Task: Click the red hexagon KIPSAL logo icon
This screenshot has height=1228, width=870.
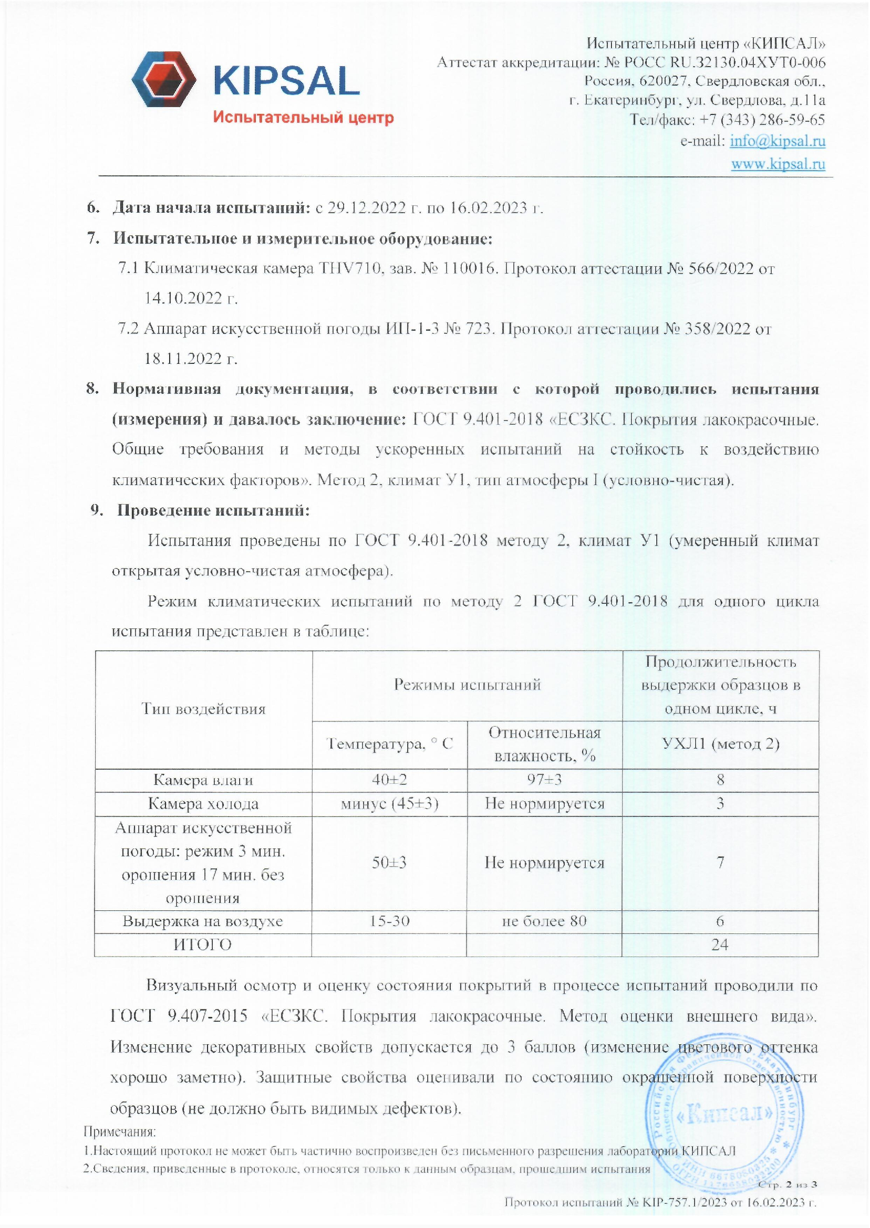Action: (x=163, y=79)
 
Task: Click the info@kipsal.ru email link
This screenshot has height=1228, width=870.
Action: (x=778, y=141)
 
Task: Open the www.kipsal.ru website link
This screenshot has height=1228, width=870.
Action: (x=778, y=164)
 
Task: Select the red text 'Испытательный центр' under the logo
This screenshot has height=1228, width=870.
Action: (x=303, y=117)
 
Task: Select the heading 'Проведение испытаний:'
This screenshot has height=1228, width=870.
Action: (x=213, y=510)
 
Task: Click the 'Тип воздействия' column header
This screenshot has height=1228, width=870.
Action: (x=203, y=709)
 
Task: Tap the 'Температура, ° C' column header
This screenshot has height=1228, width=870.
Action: (x=389, y=743)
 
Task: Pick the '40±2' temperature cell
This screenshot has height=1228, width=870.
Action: (x=389, y=780)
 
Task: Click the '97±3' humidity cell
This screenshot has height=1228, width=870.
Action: (x=544, y=780)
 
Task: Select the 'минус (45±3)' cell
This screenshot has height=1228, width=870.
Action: (x=389, y=803)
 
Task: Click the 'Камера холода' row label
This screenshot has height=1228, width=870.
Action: (x=203, y=803)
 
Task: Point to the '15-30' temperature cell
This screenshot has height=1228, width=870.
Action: (x=389, y=921)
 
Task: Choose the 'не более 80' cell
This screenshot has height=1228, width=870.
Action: (x=544, y=921)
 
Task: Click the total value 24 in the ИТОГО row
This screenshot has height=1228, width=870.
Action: (x=719, y=944)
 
